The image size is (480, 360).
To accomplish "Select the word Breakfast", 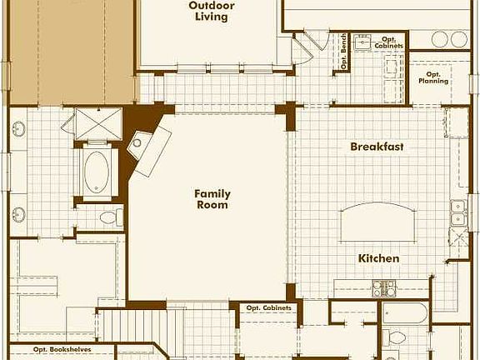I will coord(377,147).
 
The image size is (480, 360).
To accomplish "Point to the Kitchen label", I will coord(379,258).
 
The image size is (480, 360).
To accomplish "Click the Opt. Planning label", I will coord(432,77).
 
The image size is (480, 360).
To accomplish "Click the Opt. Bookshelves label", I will coord(62,350).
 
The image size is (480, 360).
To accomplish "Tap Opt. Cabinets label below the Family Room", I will coord(268,308).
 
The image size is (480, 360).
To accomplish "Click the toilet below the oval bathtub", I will coord(109,218).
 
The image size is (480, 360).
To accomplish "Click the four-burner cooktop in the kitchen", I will coord(383,288).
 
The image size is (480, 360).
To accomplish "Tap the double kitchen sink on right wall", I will coord(457,213).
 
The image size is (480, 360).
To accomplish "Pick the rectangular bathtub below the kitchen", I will coord(405,313).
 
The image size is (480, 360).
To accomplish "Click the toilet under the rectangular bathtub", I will coord(397,338).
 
